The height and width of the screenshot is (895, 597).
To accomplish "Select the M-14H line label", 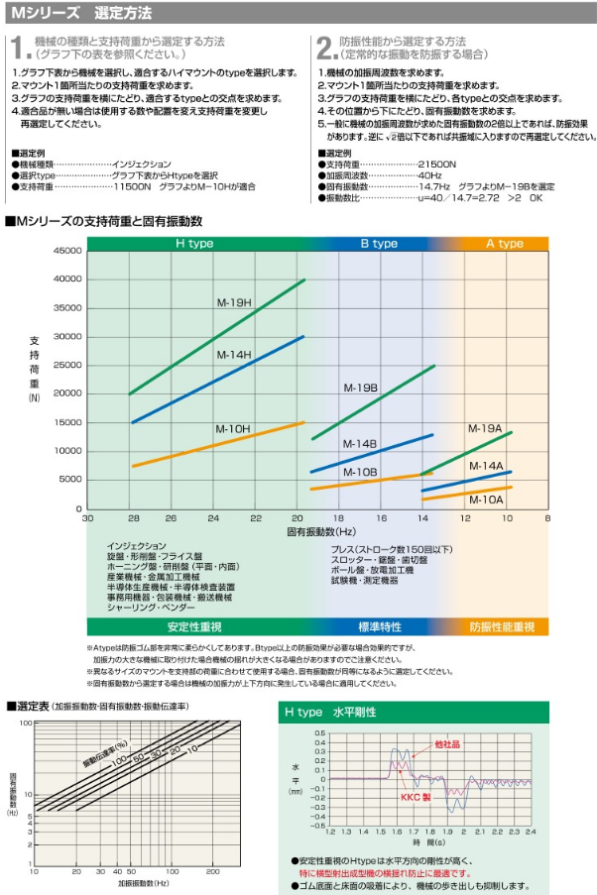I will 234,354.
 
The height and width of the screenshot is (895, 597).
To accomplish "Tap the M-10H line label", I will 233,428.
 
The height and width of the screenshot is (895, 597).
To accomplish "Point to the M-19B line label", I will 361,388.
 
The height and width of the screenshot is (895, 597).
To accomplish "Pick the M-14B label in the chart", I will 361,444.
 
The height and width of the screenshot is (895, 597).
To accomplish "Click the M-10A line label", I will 486,501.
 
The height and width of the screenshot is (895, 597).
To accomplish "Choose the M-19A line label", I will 486,428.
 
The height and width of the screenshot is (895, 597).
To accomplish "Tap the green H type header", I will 195,243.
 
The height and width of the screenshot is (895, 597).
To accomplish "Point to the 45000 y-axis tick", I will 68,252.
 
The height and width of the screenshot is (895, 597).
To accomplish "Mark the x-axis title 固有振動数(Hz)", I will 317,531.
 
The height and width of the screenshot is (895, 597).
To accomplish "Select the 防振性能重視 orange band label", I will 503,626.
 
